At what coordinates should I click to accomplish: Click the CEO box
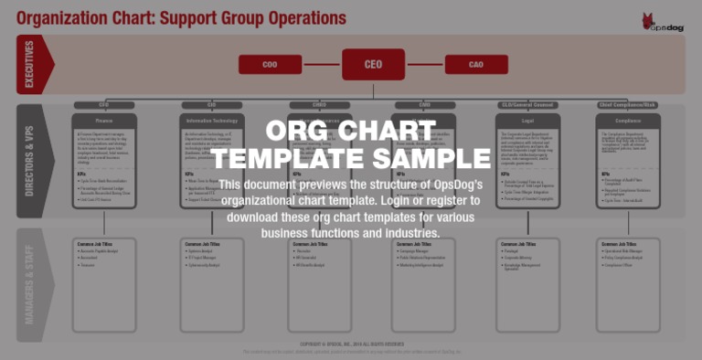coord(373,64)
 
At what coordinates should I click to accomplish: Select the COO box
coord(270,65)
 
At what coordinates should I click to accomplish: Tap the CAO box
coord(476,65)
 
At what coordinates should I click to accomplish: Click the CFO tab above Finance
coord(104,105)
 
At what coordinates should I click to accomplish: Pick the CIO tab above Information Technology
coord(212,105)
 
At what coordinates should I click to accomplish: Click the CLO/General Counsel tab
coord(527,105)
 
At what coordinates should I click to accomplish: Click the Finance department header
coord(104,120)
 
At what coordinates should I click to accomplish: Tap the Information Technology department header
coord(212,120)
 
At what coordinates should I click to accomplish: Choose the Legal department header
coord(527,120)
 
